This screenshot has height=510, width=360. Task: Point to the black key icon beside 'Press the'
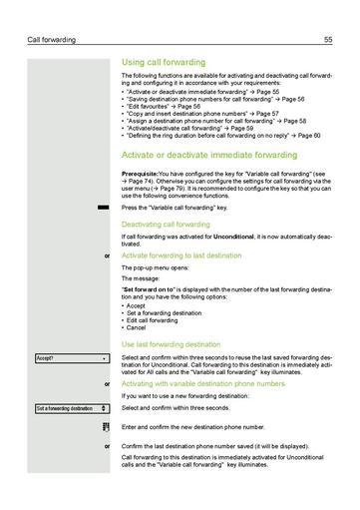pyautogui.click(x=103, y=207)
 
